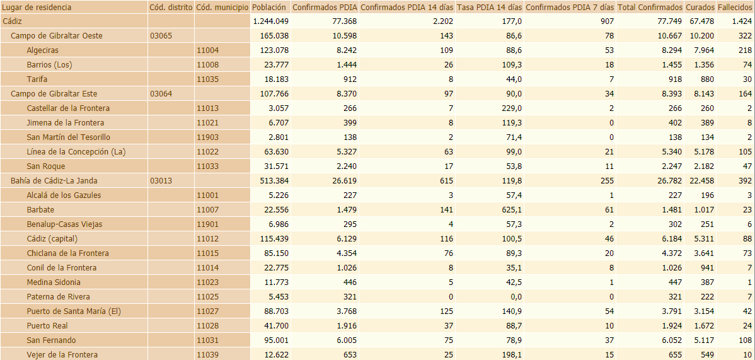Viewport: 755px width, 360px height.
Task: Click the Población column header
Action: (269, 7)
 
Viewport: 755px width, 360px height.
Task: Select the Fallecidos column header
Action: (735, 7)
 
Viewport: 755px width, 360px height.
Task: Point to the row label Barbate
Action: (40, 210)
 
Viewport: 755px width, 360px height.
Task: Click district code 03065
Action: (161, 36)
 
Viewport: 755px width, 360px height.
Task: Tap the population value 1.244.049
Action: (270, 21)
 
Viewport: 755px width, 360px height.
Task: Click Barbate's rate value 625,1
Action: (509, 210)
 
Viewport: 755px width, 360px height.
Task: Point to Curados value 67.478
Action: (701, 21)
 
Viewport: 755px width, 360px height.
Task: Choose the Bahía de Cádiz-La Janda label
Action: (57, 181)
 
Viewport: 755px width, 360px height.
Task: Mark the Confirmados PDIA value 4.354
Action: (345, 253)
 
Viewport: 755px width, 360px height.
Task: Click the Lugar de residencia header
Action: (37, 7)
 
